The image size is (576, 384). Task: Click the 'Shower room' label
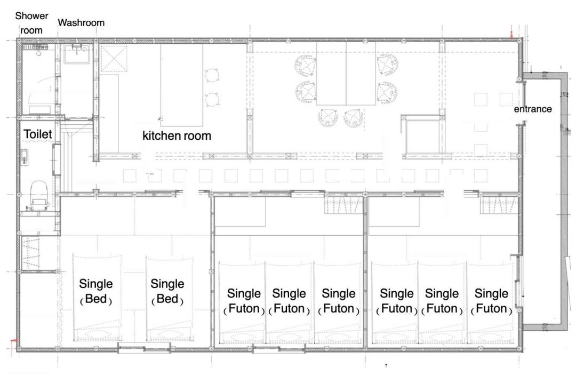pyautogui.click(x=31, y=23)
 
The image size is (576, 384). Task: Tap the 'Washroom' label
pyautogui.click(x=81, y=23)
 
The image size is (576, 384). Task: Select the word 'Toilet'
pyautogui.click(x=38, y=134)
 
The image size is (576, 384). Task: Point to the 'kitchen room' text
pyautogui.click(x=177, y=135)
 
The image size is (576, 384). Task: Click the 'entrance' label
pyautogui.click(x=533, y=109)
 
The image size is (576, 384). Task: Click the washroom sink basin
pyautogui.click(x=77, y=54)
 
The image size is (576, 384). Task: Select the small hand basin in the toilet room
pyautogui.click(x=24, y=157)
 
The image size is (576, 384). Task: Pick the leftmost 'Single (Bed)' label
pyautogui.click(x=96, y=291)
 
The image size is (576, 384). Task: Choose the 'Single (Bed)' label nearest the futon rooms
pyautogui.click(x=167, y=291)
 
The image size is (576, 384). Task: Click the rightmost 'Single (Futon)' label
pyautogui.click(x=492, y=301)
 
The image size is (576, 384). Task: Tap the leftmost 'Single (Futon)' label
pyautogui.click(x=244, y=301)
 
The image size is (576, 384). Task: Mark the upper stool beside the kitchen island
pyautogui.click(x=212, y=75)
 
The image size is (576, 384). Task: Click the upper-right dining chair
pyautogui.click(x=387, y=65)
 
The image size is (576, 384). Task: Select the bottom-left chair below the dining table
pyautogui.click(x=328, y=117)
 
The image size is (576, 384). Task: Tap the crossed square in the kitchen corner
pyautogui.click(x=114, y=59)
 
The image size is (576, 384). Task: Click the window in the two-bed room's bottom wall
pyautogui.click(x=144, y=347)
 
